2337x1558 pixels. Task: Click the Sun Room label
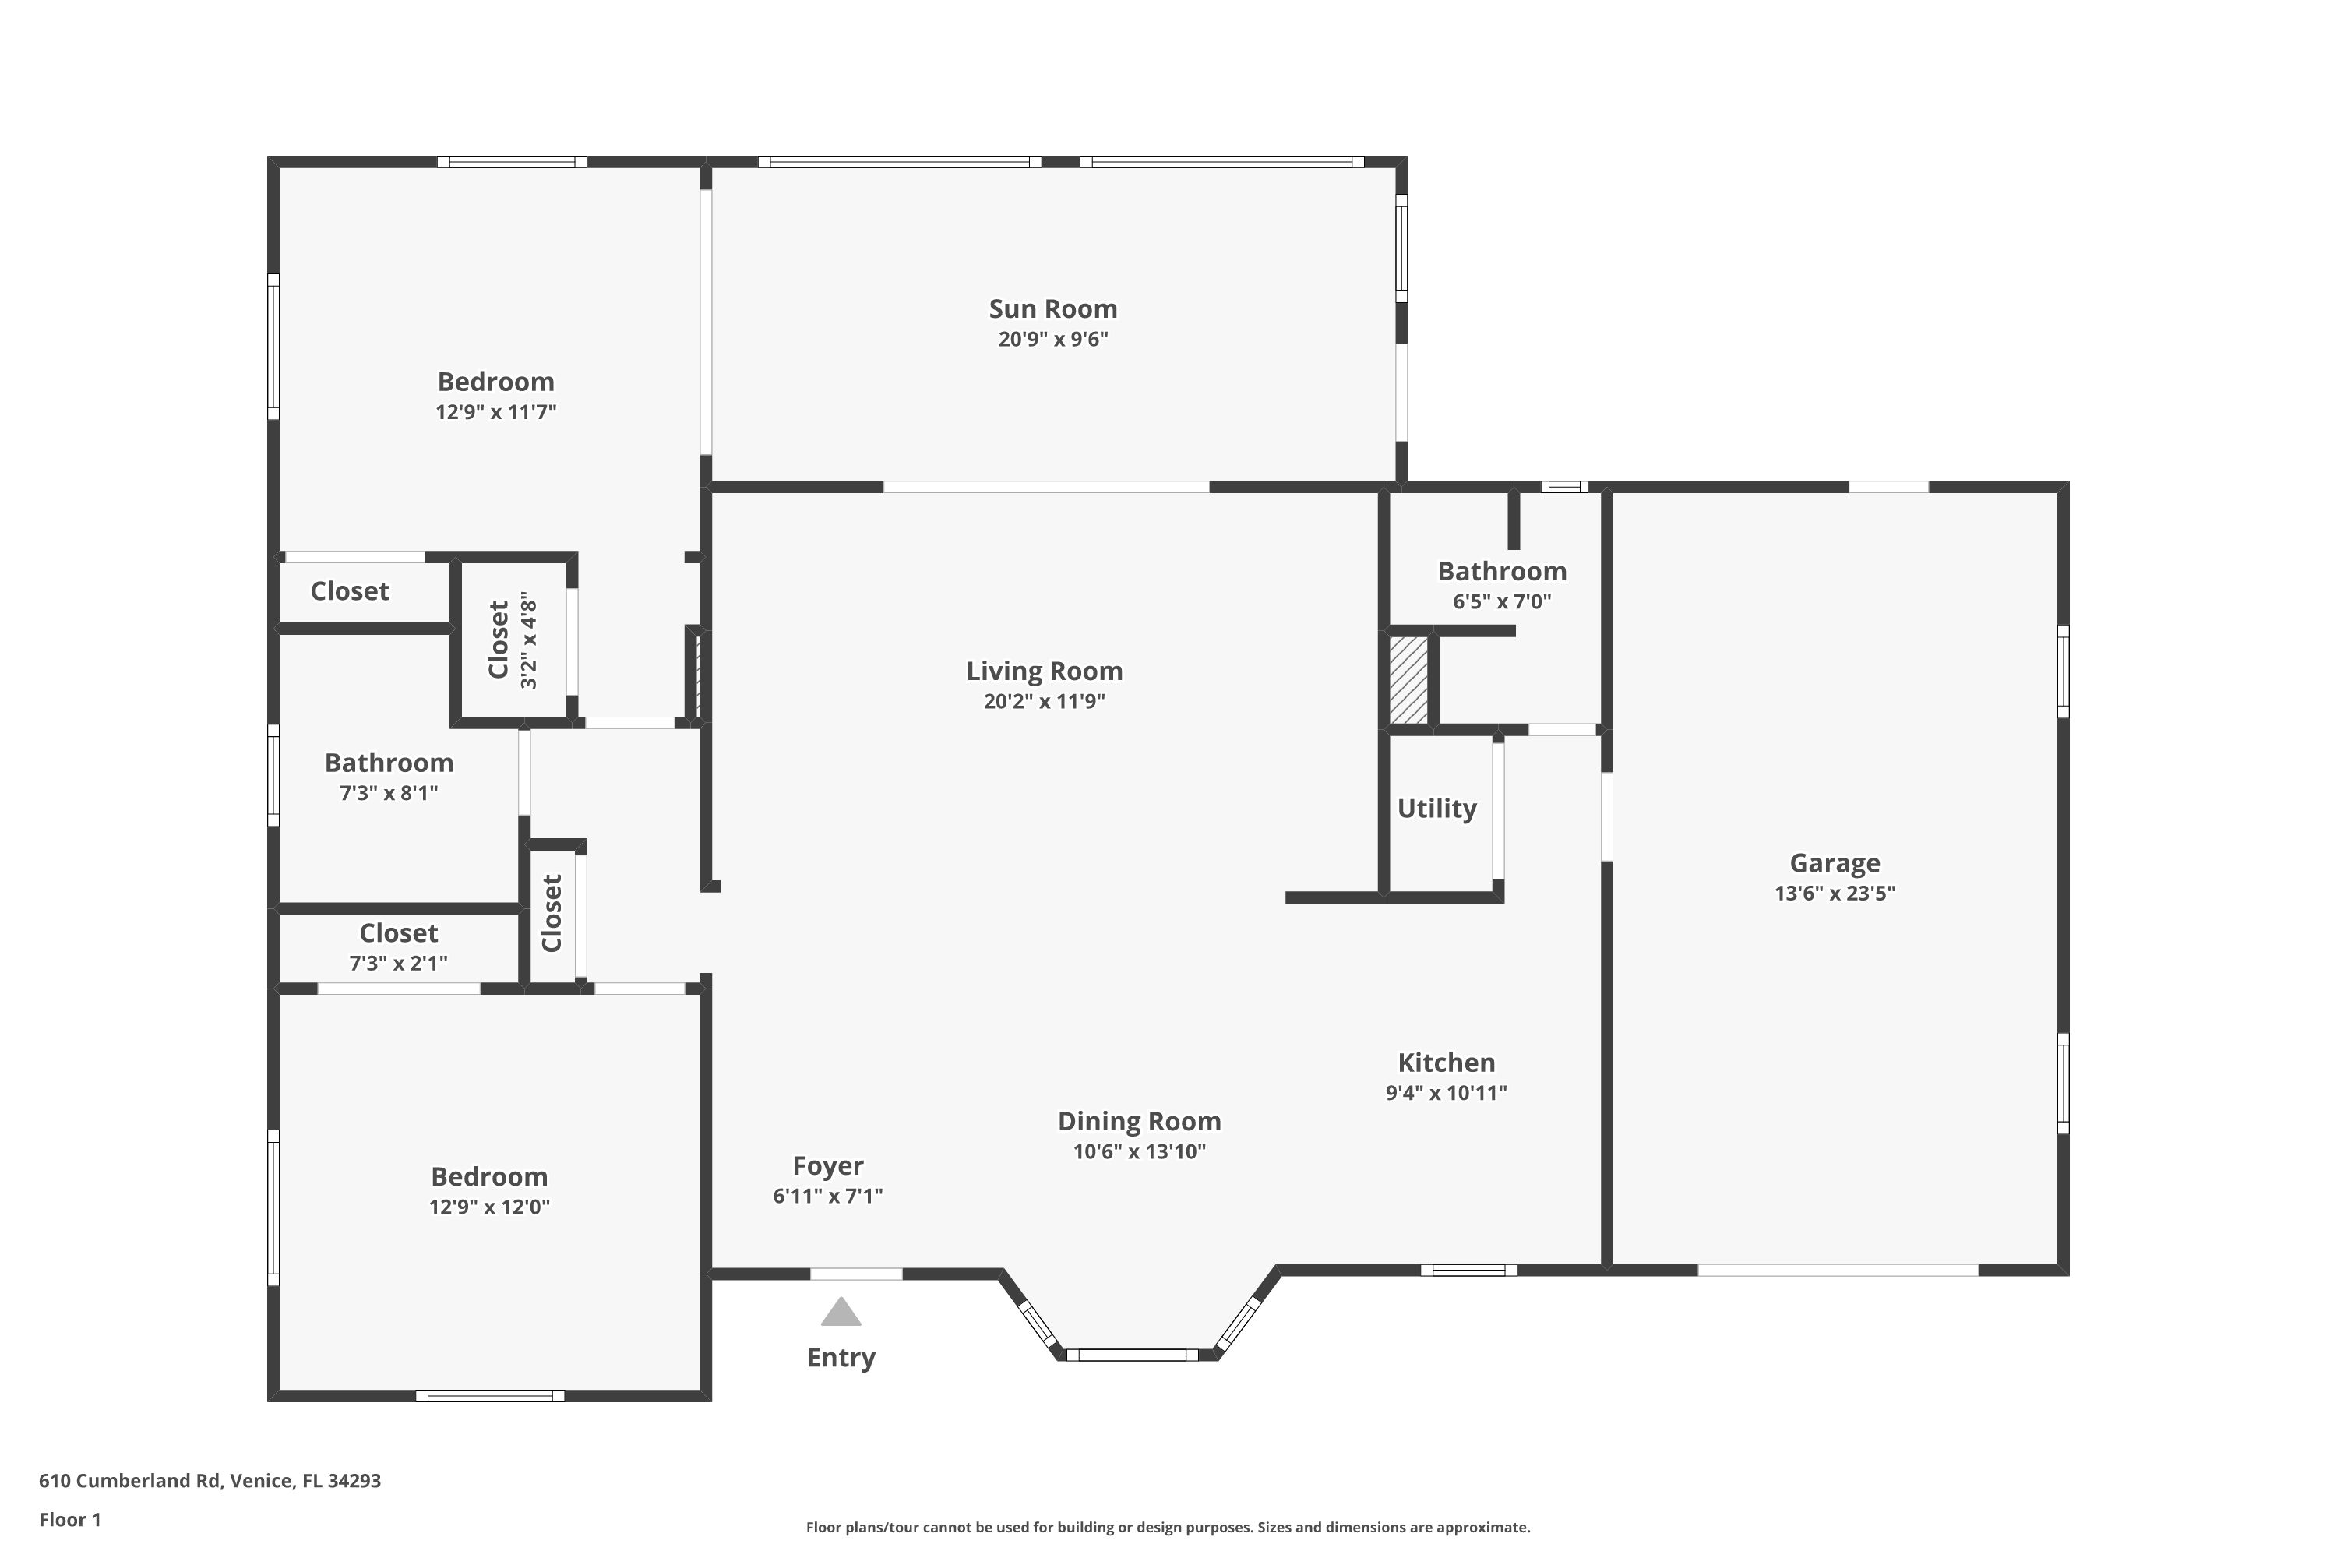1052,309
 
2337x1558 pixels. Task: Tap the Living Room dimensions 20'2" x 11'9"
1045,702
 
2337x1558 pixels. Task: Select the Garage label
1835,863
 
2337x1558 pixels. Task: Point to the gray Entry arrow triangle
841,1312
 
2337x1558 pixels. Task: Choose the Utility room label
1436,809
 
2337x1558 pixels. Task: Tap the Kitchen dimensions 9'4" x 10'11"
1446,1093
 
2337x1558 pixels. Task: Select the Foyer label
827,1165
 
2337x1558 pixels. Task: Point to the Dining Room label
1139,1122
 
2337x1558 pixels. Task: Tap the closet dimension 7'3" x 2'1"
398,964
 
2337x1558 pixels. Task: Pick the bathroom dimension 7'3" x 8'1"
389,794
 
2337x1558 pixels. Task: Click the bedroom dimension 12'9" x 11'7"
495,412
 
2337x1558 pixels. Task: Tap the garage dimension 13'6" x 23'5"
1835,894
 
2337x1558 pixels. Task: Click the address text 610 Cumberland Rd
129,1481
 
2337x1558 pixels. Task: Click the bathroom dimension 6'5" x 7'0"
1501,602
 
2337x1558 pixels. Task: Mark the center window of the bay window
1133,1355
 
